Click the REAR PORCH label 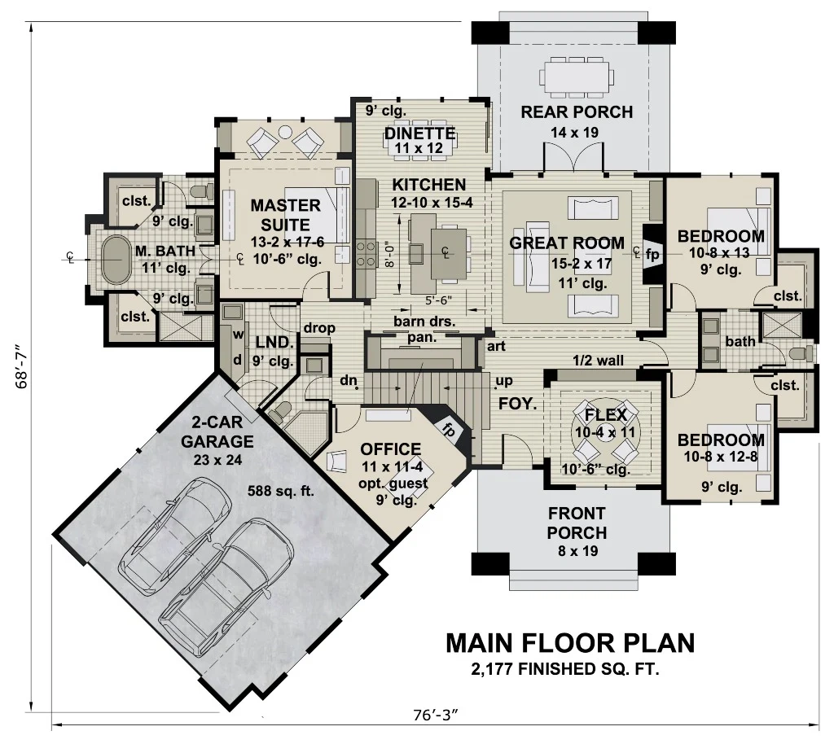[577, 112]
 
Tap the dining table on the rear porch [577, 78]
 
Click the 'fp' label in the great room [652, 253]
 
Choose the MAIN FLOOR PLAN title [570, 643]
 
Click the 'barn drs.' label [424, 322]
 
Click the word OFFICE [391, 449]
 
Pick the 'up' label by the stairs [504, 381]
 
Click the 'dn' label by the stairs [348, 380]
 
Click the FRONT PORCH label [577, 523]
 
